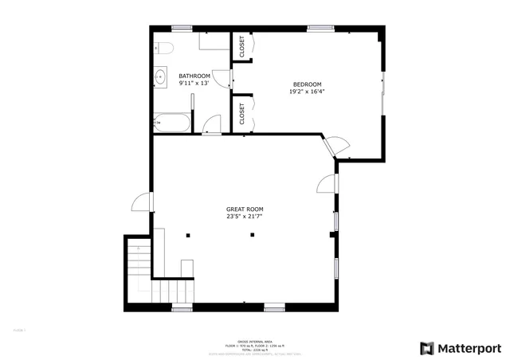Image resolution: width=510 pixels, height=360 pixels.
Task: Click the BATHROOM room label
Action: click(x=194, y=76)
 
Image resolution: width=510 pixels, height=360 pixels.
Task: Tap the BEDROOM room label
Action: click(x=307, y=84)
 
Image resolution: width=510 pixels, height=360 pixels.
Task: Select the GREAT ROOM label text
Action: click(x=244, y=209)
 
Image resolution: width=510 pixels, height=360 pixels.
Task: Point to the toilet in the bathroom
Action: click(x=161, y=46)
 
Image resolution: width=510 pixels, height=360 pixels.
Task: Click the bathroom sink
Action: click(x=160, y=78)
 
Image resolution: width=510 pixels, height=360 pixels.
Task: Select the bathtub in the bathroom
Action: click(x=171, y=123)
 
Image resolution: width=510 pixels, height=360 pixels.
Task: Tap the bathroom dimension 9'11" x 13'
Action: click(x=194, y=83)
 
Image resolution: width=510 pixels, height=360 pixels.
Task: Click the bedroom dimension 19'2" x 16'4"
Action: click(x=307, y=92)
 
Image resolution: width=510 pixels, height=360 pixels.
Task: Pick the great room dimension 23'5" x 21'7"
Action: click(x=244, y=216)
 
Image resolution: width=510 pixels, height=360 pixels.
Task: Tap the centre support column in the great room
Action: click(x=252, y=234)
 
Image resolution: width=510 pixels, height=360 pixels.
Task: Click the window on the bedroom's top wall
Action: click(x=320, y=29)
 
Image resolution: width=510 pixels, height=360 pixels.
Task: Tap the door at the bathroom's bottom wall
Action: click(x=211, y=126)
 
